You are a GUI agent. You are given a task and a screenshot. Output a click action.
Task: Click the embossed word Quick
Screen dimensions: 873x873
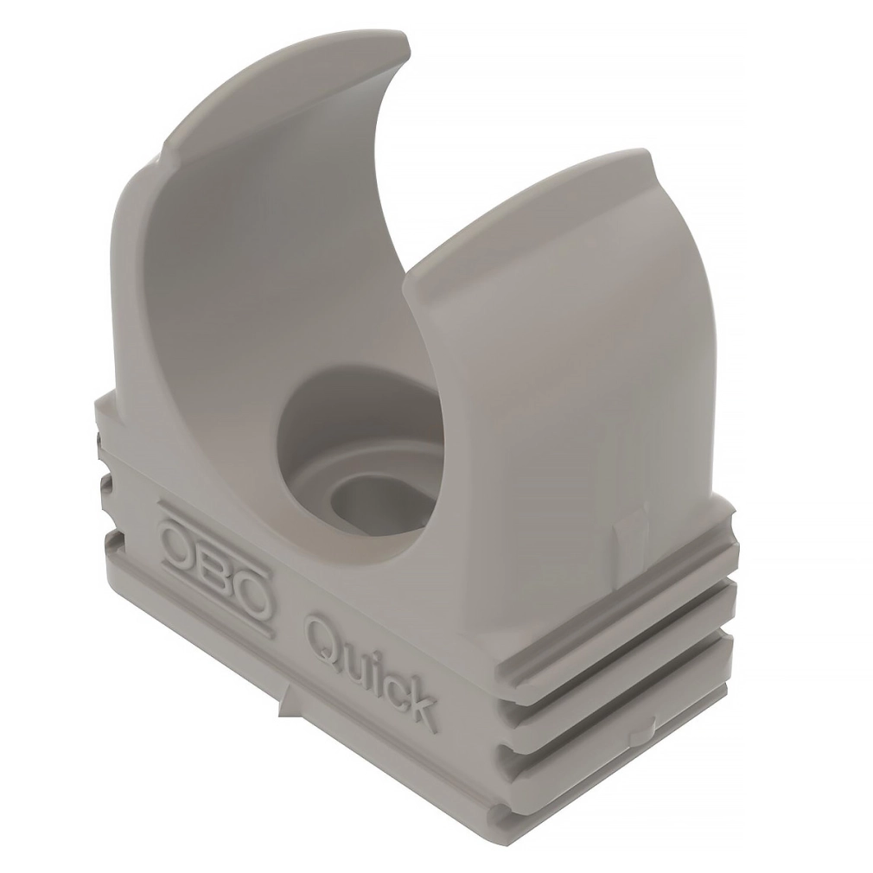tap(368, 672)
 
